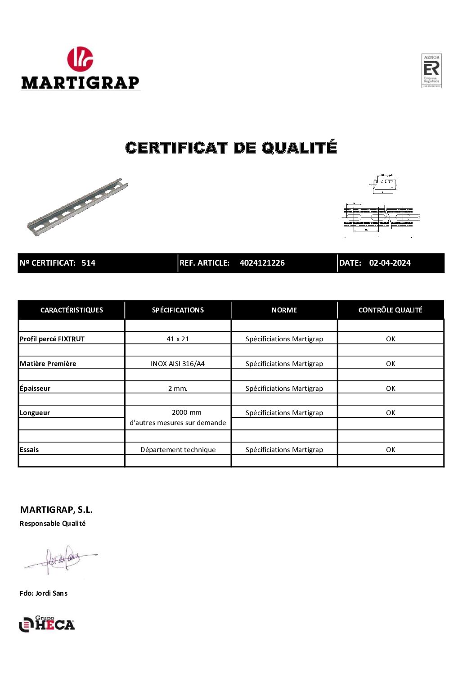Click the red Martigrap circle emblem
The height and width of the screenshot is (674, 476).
pyautogui.click(x=80, y=59)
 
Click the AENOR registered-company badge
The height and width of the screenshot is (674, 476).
pyautogui.click(x=431, y=71)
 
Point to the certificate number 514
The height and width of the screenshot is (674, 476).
pyautogui.click(x=88, y=263)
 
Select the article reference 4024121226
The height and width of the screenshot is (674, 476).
pyautogui.click(x=262, y=263)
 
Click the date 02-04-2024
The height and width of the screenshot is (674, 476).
pyautogui.click(x=390, y=263)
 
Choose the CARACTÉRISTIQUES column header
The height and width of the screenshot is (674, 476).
pyautogui.click(x=72, y=310)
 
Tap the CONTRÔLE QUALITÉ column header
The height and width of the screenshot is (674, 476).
pyautogui.click(x=390, y=310)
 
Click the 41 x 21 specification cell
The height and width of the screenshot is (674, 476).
pyautogui.click(x=178, y=339)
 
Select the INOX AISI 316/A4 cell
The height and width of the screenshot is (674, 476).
pyautogui.click(x=178, y=364)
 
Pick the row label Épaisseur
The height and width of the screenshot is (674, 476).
pyautogui.click(x=35, y=389)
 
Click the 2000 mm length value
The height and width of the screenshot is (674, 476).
pyautogui.click(x=186, y=412)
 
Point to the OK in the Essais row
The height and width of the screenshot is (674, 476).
pyautogui.click(x=391, y=450)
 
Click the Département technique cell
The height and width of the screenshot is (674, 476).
pyautogui.click(x=178, y=450)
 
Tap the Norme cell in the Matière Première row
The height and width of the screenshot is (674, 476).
pyautogui.click(x=284, y=364)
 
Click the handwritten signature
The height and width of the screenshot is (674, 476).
pyautogui.click(x=61, y=560)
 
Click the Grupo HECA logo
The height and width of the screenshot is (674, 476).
pyautogui.click(x=47, y=624)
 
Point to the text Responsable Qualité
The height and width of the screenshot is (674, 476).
pyautogui.click(x=53, y=524)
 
